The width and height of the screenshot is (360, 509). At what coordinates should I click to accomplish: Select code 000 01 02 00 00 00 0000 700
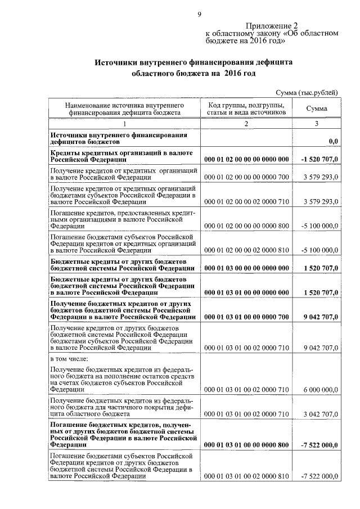pyautogui.click(x=246, y=177)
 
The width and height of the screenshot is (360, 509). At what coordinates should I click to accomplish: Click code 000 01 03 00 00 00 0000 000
pyautogui.click(x=246, y=269)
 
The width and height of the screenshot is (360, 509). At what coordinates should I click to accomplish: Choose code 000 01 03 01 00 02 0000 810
pyautogui.click(x=246, y=476)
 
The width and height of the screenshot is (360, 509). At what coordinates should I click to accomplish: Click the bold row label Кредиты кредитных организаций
pyautogui.click(x=121, y=152)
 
